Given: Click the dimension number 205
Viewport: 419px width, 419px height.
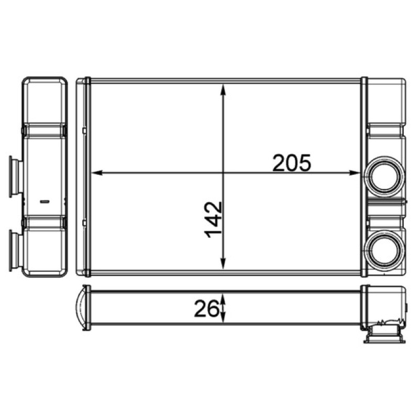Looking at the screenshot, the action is [292, 163].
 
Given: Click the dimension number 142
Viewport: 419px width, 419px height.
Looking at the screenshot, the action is [213, 219].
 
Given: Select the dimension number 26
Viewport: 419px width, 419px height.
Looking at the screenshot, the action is [206, 308].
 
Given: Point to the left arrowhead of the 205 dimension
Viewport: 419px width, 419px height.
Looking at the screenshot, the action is [97, 173].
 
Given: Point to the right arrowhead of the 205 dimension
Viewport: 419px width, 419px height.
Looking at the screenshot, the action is [355, 173].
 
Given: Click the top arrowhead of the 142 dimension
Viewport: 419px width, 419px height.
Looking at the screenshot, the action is [224, 90].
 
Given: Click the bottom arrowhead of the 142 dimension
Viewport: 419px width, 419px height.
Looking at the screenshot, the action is [224, 263].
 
